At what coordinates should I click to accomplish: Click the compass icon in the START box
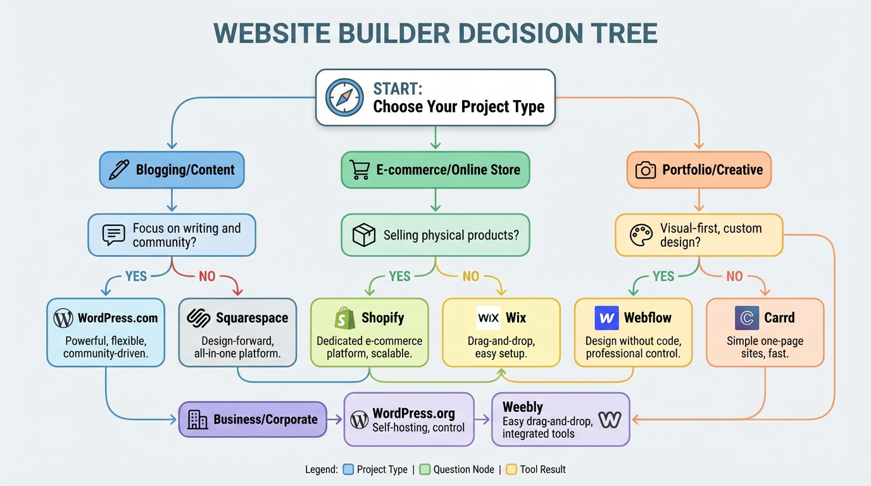click(344, 97)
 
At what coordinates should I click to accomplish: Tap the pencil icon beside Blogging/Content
click(119, 170)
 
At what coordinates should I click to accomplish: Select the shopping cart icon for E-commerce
click(360, 170)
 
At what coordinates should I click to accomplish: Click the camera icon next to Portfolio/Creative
click(645, 170)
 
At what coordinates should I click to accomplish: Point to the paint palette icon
click(641, 235)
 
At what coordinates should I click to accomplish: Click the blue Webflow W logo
click(606, 318)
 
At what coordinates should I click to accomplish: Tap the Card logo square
click(747, 318)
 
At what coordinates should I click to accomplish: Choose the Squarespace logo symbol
click(199, 318)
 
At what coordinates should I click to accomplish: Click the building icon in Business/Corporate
click(197, 420)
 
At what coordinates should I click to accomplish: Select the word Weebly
click(522, 407)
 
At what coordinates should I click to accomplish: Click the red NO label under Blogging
click(207, 277)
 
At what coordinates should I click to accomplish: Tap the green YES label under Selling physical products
click(399, 277)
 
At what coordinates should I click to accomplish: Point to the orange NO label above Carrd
click(734, 277)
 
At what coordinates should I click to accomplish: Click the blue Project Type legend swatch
click(348, 470)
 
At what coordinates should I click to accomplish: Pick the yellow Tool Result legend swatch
click(511, 470)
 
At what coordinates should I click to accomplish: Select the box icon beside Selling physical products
click(364, 235)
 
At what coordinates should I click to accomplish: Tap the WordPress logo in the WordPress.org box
click(360, 420)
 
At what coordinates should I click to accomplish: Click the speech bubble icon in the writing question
click(113, 235)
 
